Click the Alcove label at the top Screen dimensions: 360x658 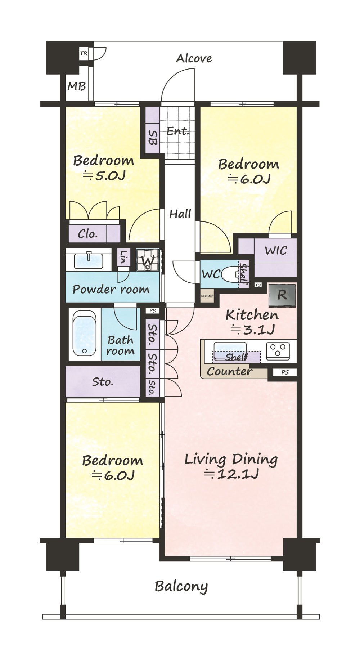coord(194,58)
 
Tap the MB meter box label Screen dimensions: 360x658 coord(77,86)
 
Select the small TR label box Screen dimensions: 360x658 coord(84,54)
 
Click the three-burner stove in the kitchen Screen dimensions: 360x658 coord(278,350)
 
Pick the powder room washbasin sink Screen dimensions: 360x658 coord(89,261)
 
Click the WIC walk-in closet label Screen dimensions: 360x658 coord(276,250)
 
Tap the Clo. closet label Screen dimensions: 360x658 coord(88,234)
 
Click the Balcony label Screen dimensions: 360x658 coord(181,587)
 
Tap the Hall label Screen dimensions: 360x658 coord(180,214)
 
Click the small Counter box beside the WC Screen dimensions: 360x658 coord(207,296)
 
